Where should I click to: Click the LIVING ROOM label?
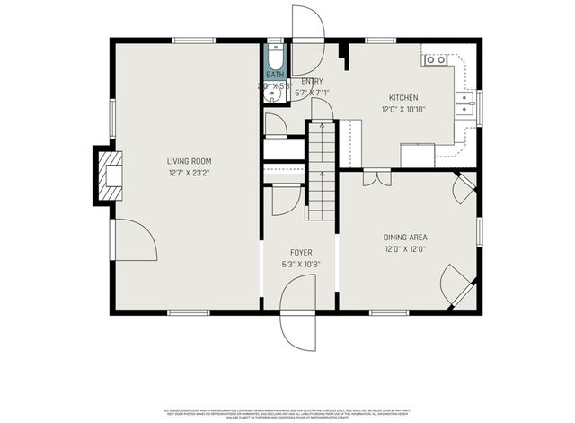188,161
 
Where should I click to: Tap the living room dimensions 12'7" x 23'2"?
188,174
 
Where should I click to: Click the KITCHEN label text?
402,97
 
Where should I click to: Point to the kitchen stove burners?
435,60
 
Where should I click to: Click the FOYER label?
300,253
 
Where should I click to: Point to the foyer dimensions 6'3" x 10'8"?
300,265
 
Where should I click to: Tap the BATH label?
274,75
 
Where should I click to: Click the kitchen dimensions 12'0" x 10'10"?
402,109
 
